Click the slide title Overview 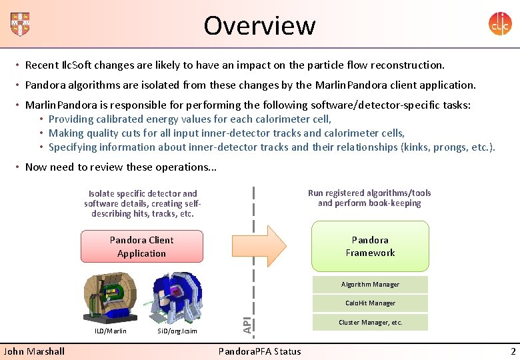259,25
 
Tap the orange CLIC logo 500,24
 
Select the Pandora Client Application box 141,247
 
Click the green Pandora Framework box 370,246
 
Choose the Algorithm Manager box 370,285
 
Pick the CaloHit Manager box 370,303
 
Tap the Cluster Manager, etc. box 370,323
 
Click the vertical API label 247,325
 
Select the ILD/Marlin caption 111,331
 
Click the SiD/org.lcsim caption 177,331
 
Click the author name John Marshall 34,351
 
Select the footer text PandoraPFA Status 260,351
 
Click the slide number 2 513,351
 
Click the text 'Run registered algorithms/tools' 369,193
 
